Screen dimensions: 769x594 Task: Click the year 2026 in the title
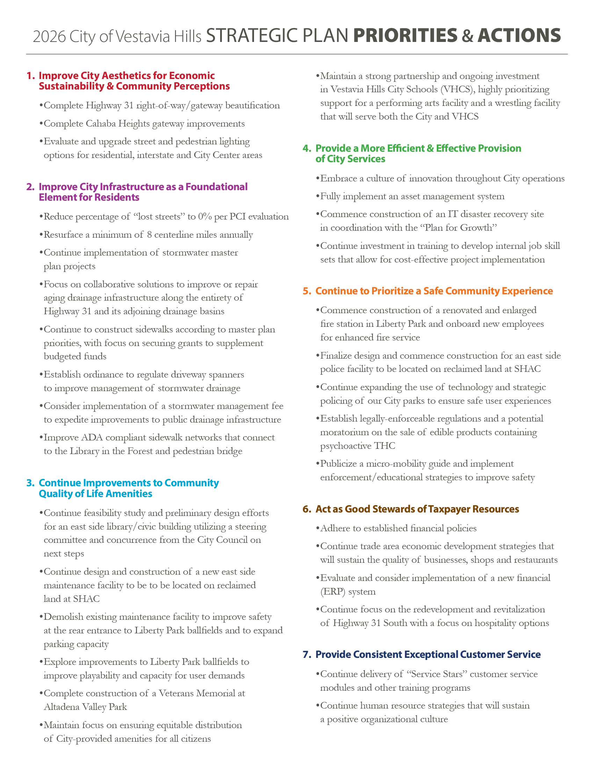[x=49, y=37]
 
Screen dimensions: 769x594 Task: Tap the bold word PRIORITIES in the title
[x=405, y=36]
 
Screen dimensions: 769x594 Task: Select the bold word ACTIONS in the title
[x=519, y=36]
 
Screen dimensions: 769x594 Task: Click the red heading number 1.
[x=31, y=76]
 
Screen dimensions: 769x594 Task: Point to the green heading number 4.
[x=307, y=149]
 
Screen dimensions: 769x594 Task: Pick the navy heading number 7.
[x=307, y=655]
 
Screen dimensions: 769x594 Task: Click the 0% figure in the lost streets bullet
[x=205, y=217]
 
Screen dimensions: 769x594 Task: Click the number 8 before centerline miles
[x=149, y=235]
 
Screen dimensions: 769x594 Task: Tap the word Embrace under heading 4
[x=338, y=179]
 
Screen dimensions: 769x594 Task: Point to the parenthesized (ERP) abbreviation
[x=333, y=591]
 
